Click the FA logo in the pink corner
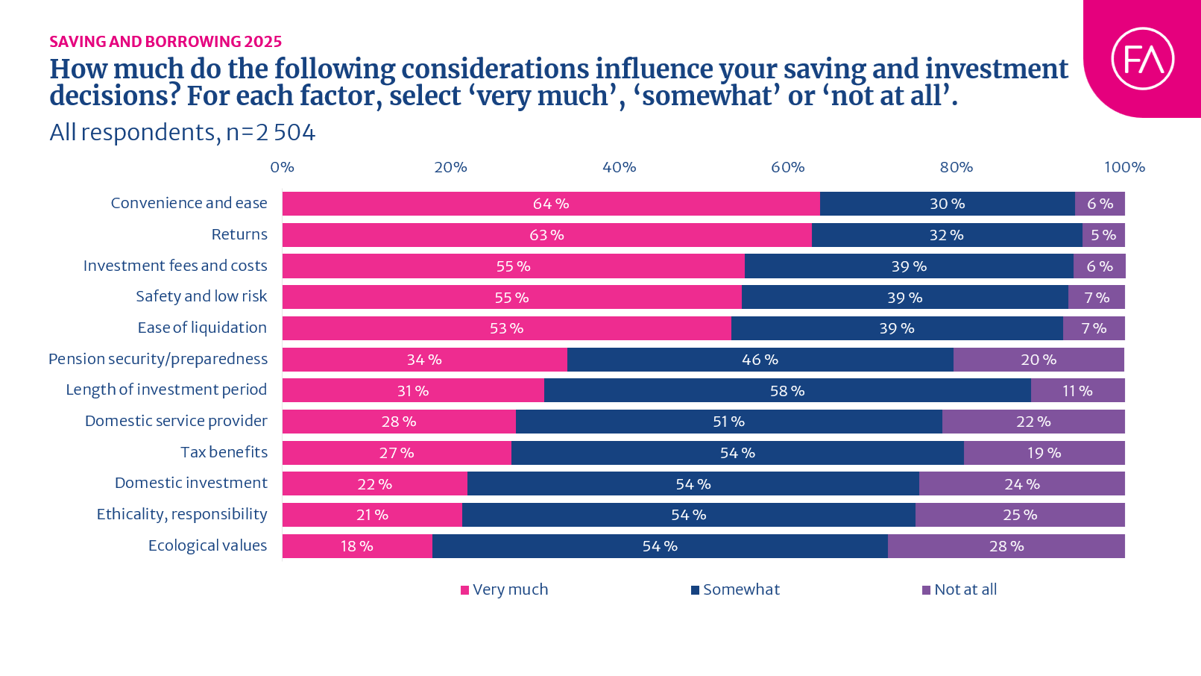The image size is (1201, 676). [1142, 59]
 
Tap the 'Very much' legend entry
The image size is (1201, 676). [505, 589]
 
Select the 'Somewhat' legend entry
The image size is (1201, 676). [735, 589]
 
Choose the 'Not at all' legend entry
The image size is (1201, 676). [959, 589]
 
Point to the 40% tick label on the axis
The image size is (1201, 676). [619, 167]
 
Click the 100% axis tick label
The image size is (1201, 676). [1124, 167]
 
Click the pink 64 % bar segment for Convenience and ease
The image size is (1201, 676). [551, 204]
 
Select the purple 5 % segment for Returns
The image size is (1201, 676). [1103, 235]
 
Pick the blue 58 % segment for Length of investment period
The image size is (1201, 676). [787, 390]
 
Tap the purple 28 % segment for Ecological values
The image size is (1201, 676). [1006, 546]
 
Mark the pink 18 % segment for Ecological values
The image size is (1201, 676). [357, 546]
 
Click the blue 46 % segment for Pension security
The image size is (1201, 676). [760, 360]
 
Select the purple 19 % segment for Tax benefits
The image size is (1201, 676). [1044, 453]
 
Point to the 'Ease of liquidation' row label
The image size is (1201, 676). [202, 328]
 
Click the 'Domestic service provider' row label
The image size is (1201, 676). [176, 421]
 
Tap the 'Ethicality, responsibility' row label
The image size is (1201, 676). [182, 514]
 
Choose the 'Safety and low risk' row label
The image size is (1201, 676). [201, 296]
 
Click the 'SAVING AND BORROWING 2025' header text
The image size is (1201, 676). [166, 42]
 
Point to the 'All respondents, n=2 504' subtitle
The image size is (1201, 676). [183, 132]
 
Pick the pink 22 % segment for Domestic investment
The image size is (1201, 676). [374, 484]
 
